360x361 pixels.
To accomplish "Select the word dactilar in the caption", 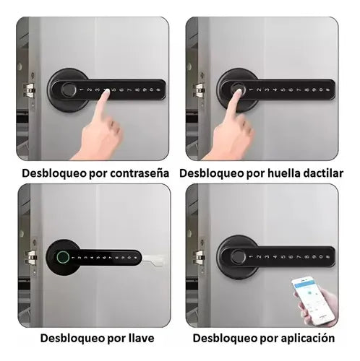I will pyautogui.click(x=320, y=174).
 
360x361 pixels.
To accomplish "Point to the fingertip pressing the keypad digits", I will pyautogui.click(x=106, y=94).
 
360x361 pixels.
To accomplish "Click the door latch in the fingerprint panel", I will pyautogui.click(x=197, y=91).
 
